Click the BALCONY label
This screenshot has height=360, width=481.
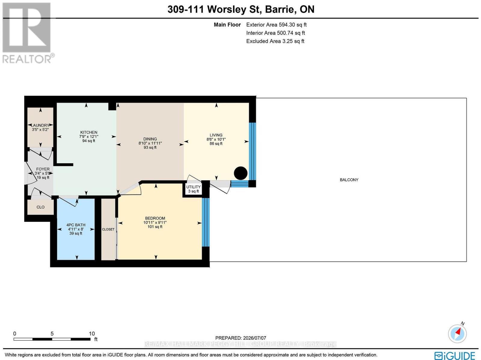[349, 180]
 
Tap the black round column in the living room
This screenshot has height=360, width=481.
[240, 173]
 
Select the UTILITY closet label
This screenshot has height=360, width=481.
[193, 187]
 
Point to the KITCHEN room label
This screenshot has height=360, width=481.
[89, 132]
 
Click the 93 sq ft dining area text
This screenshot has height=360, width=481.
[150, 148]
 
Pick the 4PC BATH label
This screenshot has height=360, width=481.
[76, 225]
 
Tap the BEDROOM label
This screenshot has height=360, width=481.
[155, 218]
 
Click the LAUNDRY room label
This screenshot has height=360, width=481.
[40, 125]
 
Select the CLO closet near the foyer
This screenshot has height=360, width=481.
[41, 207]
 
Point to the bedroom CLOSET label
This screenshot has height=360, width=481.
[108, 229]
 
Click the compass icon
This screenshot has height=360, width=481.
[457, 334]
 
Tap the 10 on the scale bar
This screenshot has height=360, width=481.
[92, 334]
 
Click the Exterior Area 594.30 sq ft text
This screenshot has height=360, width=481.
[276, 25]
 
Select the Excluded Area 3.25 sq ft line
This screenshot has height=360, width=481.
[275, 41]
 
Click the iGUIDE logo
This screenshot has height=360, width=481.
[455, 355]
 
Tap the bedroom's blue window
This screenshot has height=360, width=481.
[206, 222]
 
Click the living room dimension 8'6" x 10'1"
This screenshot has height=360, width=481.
[216, 139]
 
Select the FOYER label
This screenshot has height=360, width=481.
[43, 169]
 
